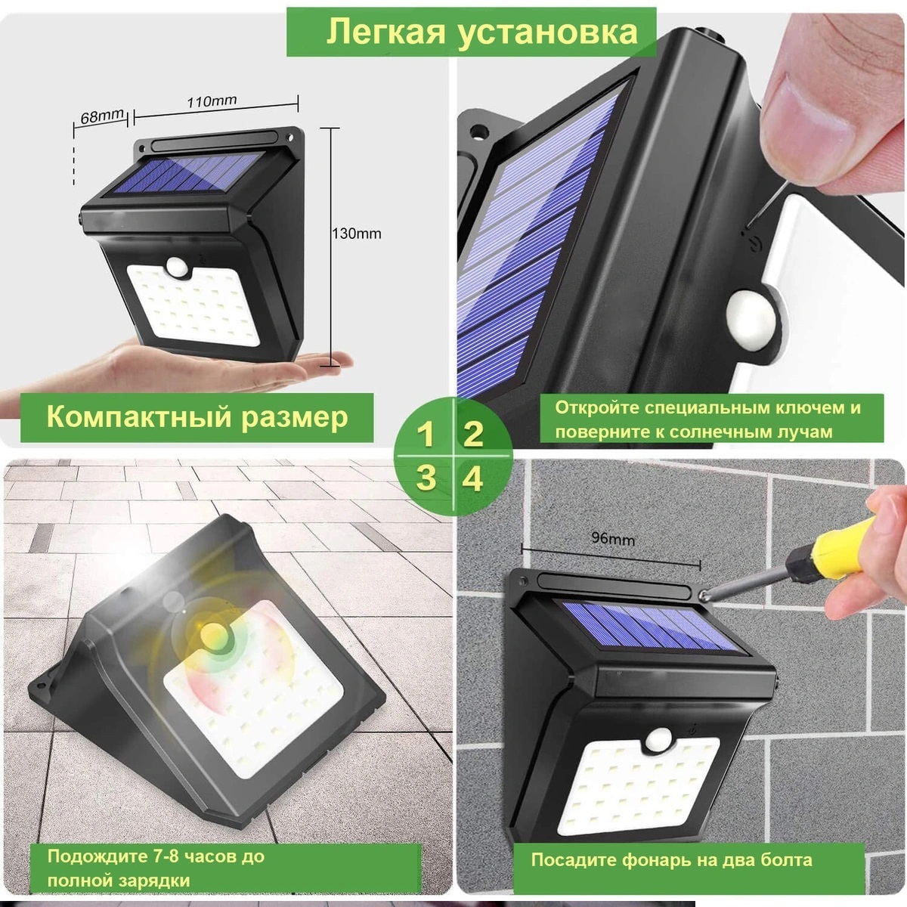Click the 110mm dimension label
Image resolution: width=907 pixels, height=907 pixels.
point(212,101)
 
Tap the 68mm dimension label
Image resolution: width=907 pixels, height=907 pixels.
point(102,116)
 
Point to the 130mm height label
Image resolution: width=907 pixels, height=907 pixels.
point(357,234)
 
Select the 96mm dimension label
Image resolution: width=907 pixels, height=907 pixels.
point(613,538)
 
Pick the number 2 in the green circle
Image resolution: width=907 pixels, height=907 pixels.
point(473,435)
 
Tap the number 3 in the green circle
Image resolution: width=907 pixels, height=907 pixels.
point(426,478)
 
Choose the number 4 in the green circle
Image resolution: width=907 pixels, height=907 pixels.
point(472,480)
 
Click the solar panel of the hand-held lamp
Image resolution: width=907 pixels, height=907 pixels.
point(187,173)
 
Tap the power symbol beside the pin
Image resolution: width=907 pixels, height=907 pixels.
point(754,245)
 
